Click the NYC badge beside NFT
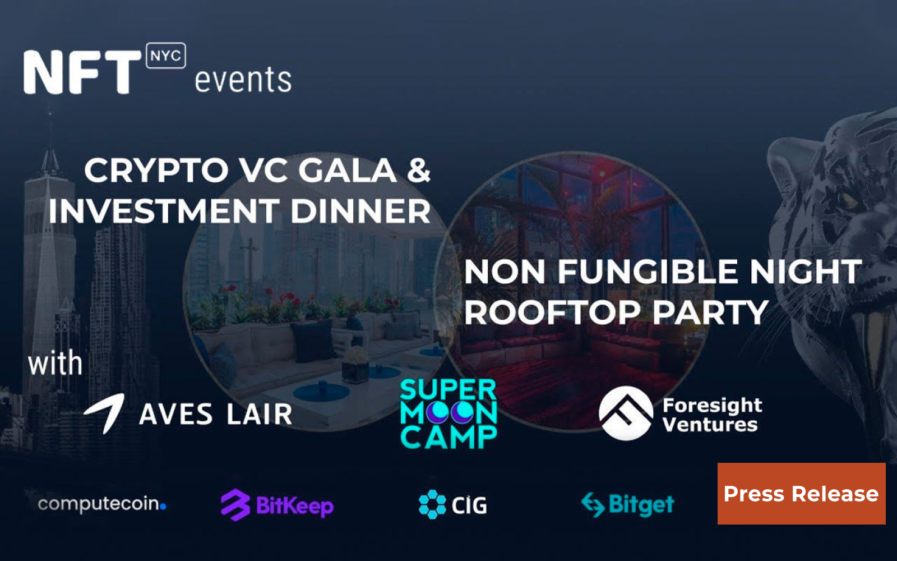pos(165,56)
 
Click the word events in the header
pos(243,80)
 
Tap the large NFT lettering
pos(82,72)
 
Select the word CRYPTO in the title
pos(156,171)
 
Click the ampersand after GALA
pos(418,171)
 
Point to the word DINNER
pos(360,211)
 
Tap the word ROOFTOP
pos(552,312)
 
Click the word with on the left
pos(55,364)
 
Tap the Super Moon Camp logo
pos(449,414)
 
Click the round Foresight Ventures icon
pos(626,413)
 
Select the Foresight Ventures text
pos(712,415)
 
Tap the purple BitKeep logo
pos(277,505)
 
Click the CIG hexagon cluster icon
pos(432,504)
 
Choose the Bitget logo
pos(628,504)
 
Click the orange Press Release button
pos(801,494)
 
